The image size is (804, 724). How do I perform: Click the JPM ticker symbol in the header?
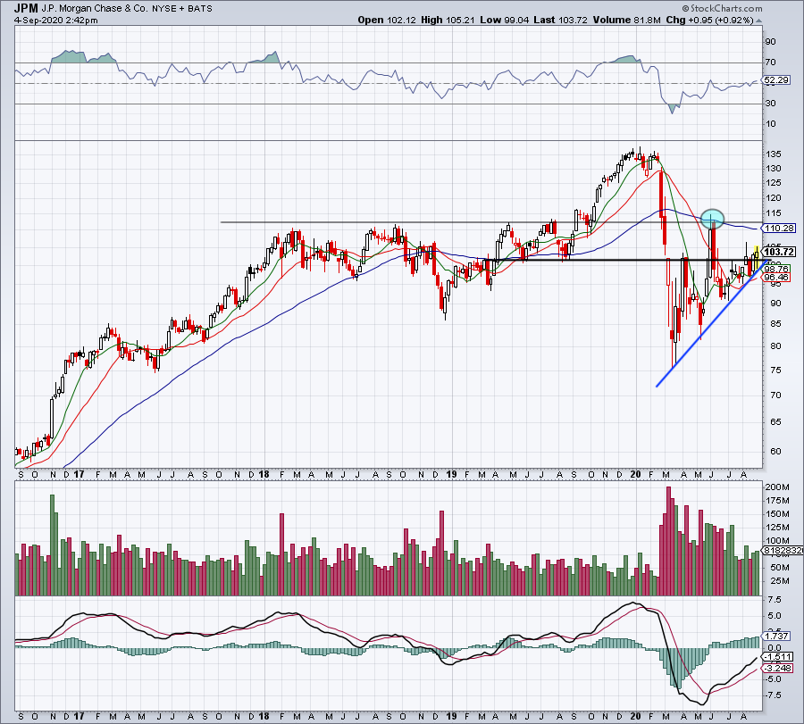pyautogui.click(x=26, y=7)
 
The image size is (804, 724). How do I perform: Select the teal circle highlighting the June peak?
pyautogui.click(x=712, y=217)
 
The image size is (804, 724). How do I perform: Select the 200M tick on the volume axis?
pyautogui.click(x=774, y=487)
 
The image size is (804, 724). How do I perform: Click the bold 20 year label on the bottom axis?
pyautogui.click(x=636, y=715)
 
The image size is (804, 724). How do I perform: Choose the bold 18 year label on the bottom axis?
pyautogui.click(x=266, y=715)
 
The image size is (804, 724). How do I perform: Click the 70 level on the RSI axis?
pyautogui.click(x=768, y=62)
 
